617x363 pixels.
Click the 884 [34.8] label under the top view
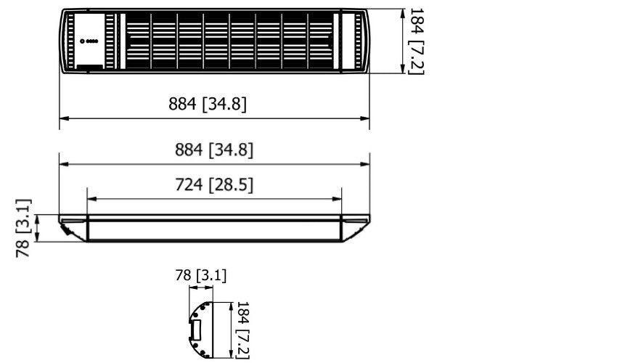tap(208, 105)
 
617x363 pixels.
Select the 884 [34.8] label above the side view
tap(214, 150)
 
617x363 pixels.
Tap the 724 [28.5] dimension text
tap(214, 186)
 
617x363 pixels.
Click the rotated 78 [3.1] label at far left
tap(24, 228)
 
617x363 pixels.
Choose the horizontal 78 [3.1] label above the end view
tap(201, 275)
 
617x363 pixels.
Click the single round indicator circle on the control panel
tap(83, 41)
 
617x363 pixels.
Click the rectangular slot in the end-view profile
tap(195, 331)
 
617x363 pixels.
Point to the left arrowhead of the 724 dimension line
tap(90, 198)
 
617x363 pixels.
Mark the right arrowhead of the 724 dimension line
tap(338, 198)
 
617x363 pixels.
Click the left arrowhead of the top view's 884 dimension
tap(63, 118)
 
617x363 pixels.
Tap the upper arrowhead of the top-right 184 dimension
tap(403, 12)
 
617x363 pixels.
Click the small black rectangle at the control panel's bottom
tap(89, 68)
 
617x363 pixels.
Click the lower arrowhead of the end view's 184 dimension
tap(231, 354)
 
